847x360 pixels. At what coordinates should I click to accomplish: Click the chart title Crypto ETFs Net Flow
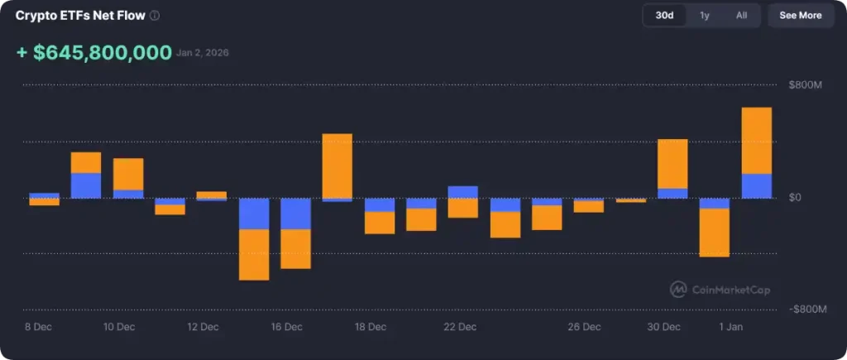pyautogui.click(x=80, y=16)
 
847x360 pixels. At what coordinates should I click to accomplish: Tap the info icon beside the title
pyautogui.click(x=156, y=16)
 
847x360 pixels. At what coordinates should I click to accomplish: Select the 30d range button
pyautogui.click(x=663, y=16)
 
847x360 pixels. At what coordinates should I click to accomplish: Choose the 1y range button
pyautogui.click(x=704, y=16)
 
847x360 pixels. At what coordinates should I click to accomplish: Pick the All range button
pyautogui.click(x=741, y=16)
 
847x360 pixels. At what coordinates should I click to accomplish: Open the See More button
pyautogui.click(x=800, y=16)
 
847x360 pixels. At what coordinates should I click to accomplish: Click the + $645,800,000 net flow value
pyautogui.click(x=93, y=53)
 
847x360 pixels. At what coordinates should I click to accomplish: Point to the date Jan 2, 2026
pyautogui.click(x=203, y=53)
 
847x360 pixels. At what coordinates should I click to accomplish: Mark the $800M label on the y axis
pyautogui.click(x=806, y=85)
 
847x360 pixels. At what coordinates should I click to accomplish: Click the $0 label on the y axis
pyautogui.click(x=796, y=198)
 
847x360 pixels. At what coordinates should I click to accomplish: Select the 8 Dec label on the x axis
pyautogui.click(x=38, y=327)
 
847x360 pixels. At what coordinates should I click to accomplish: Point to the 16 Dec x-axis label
pyautogui.click(x=286, y=327)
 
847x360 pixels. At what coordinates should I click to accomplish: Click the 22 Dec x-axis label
pyautogui.click(x=460, y=327)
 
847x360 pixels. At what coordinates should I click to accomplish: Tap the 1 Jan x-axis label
pyautogui.click(x=730, y=327)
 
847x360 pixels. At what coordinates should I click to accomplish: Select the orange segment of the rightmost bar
pyautogui.click(x=756, y=140)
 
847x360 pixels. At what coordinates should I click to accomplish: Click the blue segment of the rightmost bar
pyautogui.click(x=756, y=186)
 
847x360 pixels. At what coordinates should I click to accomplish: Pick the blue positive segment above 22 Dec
pyautogui.click(x=462, y=192)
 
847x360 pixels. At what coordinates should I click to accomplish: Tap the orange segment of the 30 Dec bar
pyautogui.click(x=672, y=164)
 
